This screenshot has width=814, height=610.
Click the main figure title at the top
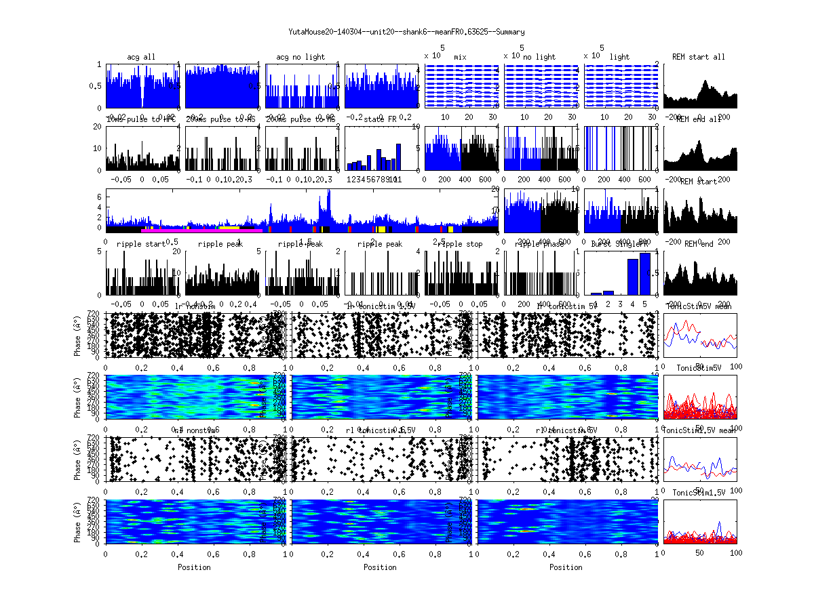click(x=406, y=32)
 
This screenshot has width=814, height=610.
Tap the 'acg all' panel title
click(x=141, y=57)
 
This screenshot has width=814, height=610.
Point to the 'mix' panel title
click(x=461, y=57)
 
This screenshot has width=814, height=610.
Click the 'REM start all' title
click(x=699, y=57)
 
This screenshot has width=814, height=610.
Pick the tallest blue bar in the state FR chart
click(x=398, y=157)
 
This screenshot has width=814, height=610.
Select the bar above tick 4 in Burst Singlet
click(x=632, y=277)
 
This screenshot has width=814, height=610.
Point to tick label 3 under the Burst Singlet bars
click(x=620, y=304)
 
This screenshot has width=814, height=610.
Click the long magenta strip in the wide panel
click(x=197, y=230)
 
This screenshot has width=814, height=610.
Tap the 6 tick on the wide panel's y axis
click(x=100, y=197)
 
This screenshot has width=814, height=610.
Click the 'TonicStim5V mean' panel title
click(x=699, y=306)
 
